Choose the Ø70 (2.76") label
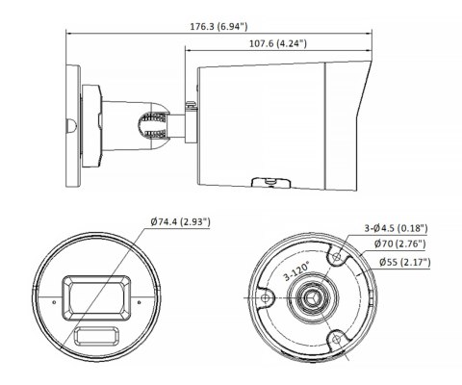tap(403, 244)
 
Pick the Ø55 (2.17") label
tap(403, 261)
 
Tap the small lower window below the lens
tap(94, 337)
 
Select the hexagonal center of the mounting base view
tap(313, 299)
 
